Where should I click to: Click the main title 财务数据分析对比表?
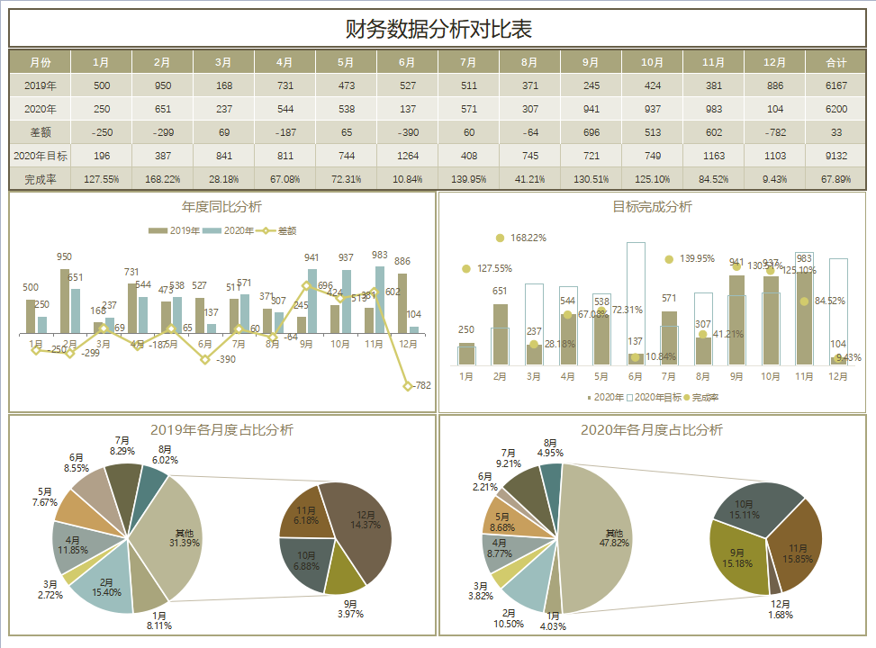[x=438, y=29]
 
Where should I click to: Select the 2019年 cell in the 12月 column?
[x=774, y=85]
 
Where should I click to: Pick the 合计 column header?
[x=836, y=63]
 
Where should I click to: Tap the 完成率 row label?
[x=40, y=179]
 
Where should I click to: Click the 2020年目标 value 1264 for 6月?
[x=407, y=156]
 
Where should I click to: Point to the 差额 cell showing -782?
[x=774, y=132]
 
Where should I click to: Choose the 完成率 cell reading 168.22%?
[x=162, y=179]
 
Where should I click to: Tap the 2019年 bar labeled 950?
[x=64, y=301]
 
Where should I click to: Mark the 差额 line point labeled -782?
[x=408, y=385]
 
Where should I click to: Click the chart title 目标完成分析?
[x=652, y=207]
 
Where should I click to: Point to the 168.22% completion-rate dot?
[x=500, y=238]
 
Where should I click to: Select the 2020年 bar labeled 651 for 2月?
[x=501, y=334]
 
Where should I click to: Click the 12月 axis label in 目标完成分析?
[x=838, y=375]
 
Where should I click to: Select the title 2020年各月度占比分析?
[x=652, y=430]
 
